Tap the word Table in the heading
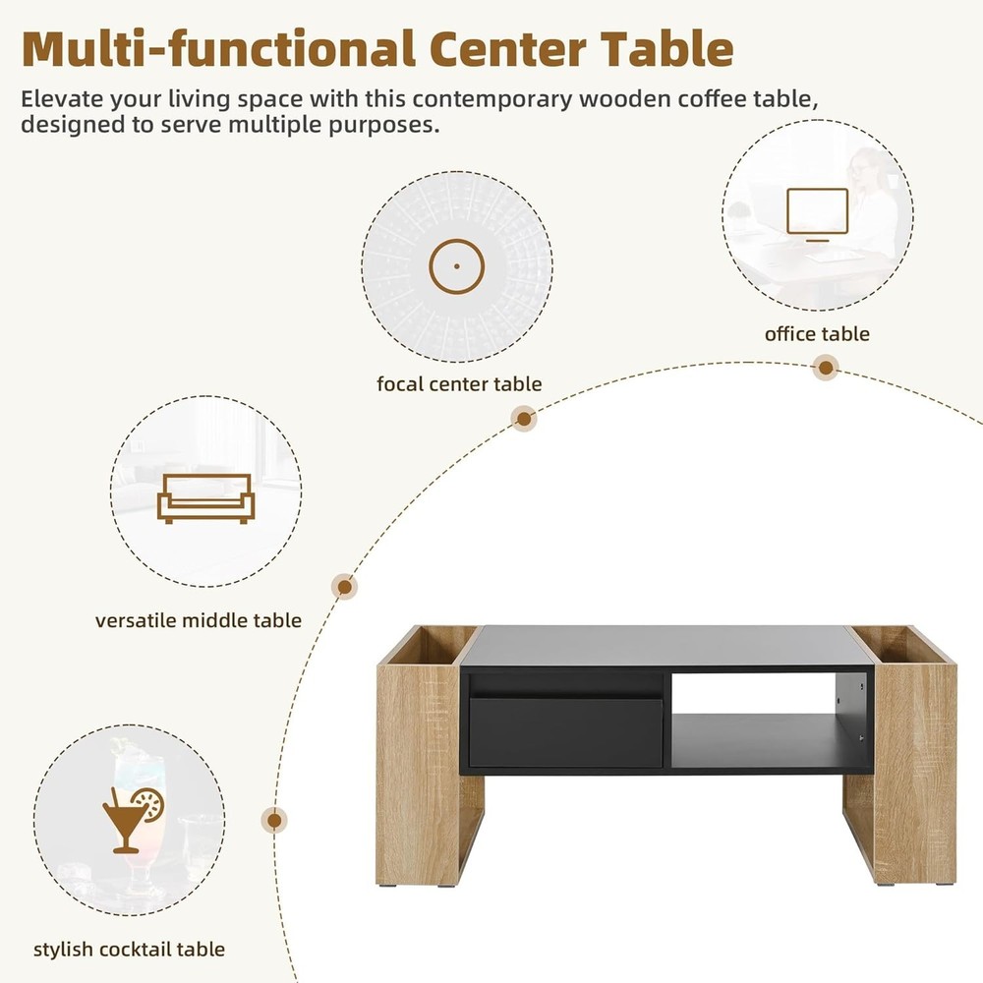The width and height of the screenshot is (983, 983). pyautogui.click(x=668, y=49)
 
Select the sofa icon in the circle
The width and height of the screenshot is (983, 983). pyautogui.click(x=205, y=497)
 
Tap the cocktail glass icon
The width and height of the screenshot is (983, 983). pyautogui.click(x=132, y=817)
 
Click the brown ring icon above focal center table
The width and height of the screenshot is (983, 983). pyautogui.click(x=456, y=266)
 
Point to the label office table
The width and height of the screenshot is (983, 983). pyautogui.click(x=817, y=334)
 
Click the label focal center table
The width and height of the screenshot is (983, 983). pyautogui.click(x=459, y=384)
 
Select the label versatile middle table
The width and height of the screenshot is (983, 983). pyautogui.click(x=199, y=620)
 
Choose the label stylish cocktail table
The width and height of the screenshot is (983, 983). pyautogui.click(x=129, y=949)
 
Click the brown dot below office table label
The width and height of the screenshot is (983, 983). pyautogui.click(x=827, y=369)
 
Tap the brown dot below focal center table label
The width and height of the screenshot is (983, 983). pyautogui.click(x=525, y=420)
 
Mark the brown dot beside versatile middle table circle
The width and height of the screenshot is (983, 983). pyautogui.click(x=344, y=588)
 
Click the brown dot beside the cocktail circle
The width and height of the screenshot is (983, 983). pyautogui.click(x=275, y=820)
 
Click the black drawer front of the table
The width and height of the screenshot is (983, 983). pyautogui.click(x=565, y=732)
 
